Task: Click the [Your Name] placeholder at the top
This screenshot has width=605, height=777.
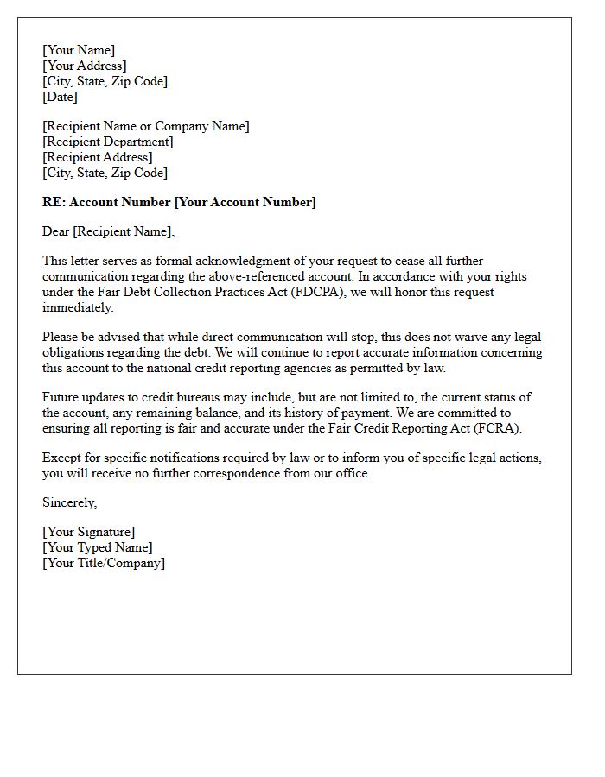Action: [x=79, y=50]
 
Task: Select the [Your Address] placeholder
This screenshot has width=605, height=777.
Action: [x=85, y=66]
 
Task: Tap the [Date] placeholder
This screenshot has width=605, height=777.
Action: [x=60, y=97]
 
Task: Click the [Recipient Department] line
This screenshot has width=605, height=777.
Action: [x=108, y=142]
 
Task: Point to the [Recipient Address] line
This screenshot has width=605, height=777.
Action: [x=98, y=157]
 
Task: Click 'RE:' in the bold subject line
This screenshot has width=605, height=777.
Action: [x=54, y=202]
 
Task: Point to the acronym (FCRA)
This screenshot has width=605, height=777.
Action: [x=504, y=428]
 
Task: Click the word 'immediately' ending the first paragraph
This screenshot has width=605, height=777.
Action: [x=78, y=307]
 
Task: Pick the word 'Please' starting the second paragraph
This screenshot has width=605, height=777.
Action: [x=61, y=337]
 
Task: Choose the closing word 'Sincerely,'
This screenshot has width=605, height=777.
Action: [x=70, y=502]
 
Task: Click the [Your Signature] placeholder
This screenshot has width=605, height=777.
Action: [x=89, y=532]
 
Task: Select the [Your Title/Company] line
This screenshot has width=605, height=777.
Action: [x=104, y=563]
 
